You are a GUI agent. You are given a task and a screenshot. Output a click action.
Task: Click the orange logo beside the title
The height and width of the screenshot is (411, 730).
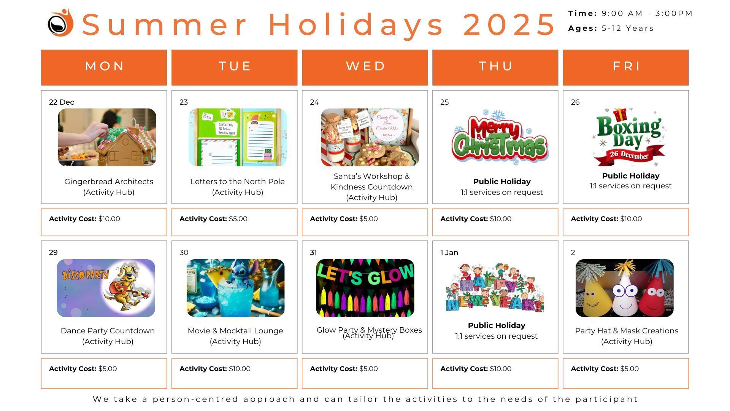60,23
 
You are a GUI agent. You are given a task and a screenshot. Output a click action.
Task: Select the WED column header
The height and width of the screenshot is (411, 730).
365,67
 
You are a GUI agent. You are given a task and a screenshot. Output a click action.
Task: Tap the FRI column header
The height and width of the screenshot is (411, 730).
626,67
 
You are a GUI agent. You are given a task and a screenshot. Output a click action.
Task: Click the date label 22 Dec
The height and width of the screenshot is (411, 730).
62,102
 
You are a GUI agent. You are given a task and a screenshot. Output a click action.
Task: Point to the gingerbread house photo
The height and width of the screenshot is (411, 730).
107,137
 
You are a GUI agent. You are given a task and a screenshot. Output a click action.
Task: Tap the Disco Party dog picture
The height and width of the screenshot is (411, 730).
106,288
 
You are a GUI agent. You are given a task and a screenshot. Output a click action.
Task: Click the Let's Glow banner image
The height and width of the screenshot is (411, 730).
365,288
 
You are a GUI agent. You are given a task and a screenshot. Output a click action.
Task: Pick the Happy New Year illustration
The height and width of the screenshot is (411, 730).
495,288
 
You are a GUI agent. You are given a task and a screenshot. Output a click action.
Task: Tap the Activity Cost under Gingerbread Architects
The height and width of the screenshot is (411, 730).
84,219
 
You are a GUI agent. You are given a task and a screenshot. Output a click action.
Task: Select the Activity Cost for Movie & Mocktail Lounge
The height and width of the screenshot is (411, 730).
215,369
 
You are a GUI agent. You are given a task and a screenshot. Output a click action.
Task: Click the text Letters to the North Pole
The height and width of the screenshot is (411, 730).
238,182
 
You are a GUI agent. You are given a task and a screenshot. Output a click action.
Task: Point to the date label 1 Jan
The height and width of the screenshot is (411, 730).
449,252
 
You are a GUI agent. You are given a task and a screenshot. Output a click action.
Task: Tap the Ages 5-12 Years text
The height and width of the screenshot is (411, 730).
611,29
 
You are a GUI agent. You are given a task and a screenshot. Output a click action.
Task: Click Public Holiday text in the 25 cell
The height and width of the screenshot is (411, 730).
502,182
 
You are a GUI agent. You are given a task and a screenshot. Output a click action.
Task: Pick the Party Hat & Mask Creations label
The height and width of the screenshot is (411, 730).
627,331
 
